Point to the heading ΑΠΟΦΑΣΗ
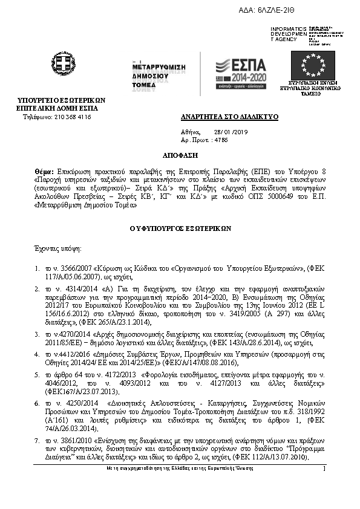(180, 155)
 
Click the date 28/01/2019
(226, 131)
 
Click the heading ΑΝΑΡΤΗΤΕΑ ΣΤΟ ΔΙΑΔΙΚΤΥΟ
(220, 116)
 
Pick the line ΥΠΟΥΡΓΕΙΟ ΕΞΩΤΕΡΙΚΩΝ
(62, 100)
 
